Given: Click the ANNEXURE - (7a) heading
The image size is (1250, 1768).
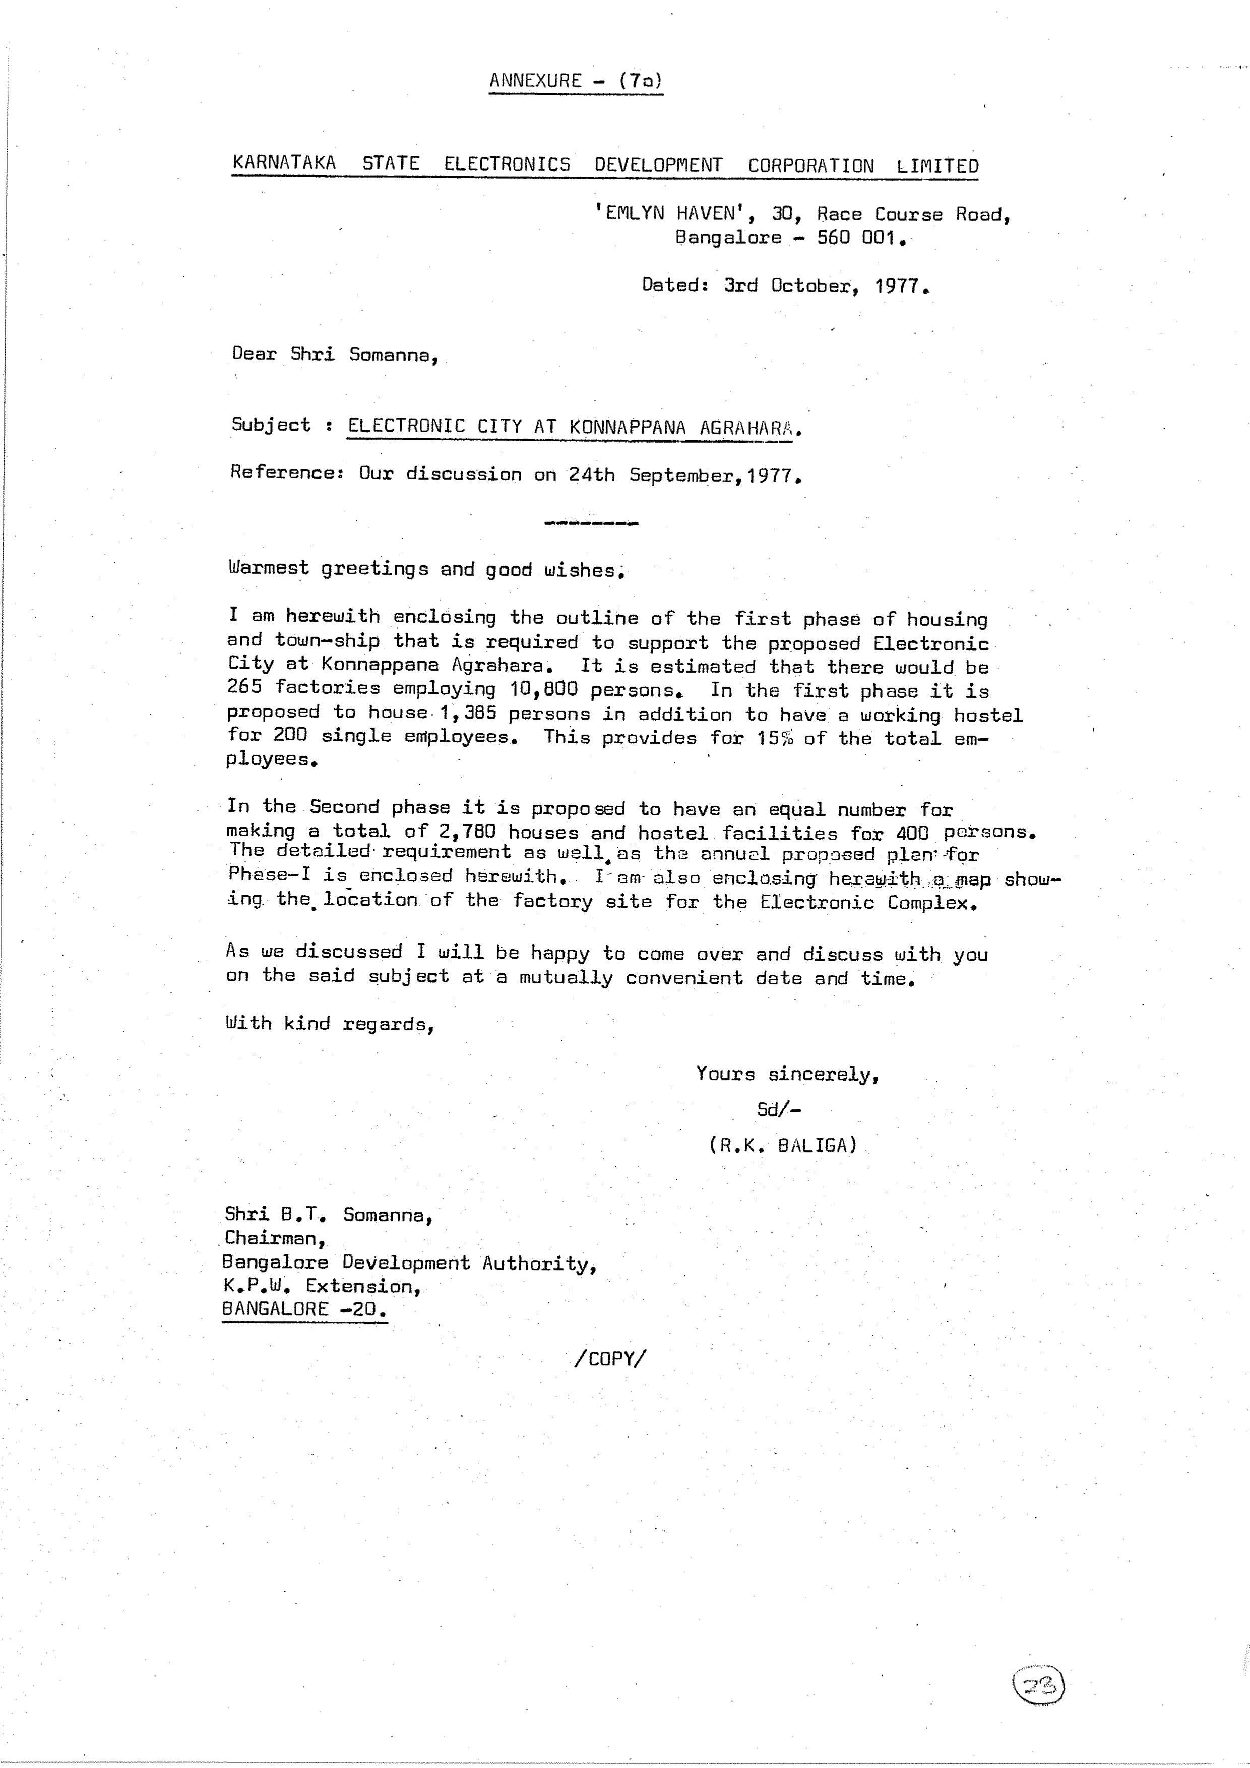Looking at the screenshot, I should [x=575, y=81].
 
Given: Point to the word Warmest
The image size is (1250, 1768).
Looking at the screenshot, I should [x=268, y=569].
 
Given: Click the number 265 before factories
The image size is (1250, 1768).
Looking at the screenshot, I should [x=245, y=687].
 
